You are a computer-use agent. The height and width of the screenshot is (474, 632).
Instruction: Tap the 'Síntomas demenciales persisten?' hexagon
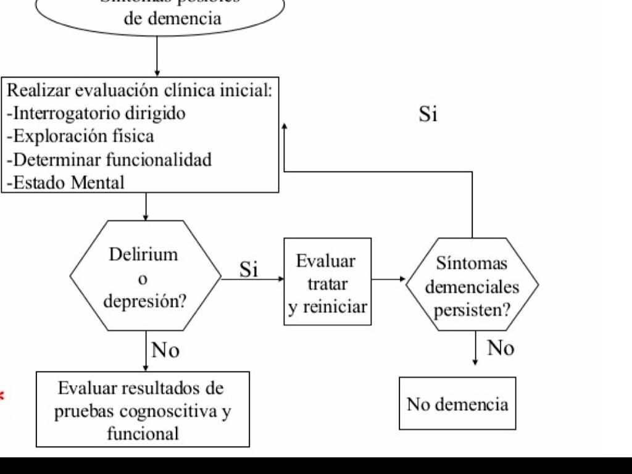(x=472, y=285)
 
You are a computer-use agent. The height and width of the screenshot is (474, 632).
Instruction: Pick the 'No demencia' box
(x=457, y=404)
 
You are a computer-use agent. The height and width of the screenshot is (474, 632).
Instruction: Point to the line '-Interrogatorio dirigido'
(x=96, y=114)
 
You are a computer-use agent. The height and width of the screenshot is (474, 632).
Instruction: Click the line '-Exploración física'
(x=80, y=136)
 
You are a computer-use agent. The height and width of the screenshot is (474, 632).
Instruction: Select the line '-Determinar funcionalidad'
(x=109, y=159)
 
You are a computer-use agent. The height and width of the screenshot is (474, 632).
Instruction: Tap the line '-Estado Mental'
(x=65, y=182)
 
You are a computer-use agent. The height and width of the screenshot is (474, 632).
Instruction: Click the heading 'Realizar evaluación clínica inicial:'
(x=139, y=91)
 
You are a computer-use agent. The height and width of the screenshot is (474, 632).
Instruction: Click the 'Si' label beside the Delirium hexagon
(x=249, y=270)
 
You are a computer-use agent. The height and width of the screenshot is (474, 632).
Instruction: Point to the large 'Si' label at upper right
(x=428, y=114)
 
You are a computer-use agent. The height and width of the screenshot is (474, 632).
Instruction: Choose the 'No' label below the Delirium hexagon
(x=165, y=351)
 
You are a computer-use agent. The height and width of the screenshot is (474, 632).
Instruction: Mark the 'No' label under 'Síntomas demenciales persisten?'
(x=501, y=348)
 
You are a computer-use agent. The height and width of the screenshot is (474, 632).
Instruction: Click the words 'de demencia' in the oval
(x=172, y=18)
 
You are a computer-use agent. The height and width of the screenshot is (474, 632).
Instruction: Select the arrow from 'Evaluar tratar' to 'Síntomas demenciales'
(x=388, y=279)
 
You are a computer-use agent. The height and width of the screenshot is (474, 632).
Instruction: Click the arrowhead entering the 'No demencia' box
(x=475, y=362)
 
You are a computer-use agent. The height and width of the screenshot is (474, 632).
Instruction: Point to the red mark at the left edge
(x=2, y=396)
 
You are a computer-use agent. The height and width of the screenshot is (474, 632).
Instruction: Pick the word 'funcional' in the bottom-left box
(x=143, y=433)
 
